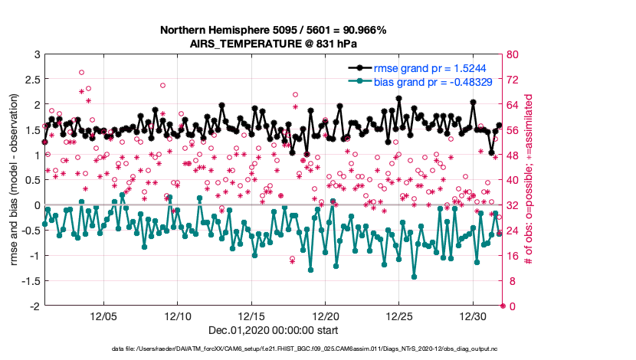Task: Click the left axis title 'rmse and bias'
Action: click(x=15, y=181)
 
